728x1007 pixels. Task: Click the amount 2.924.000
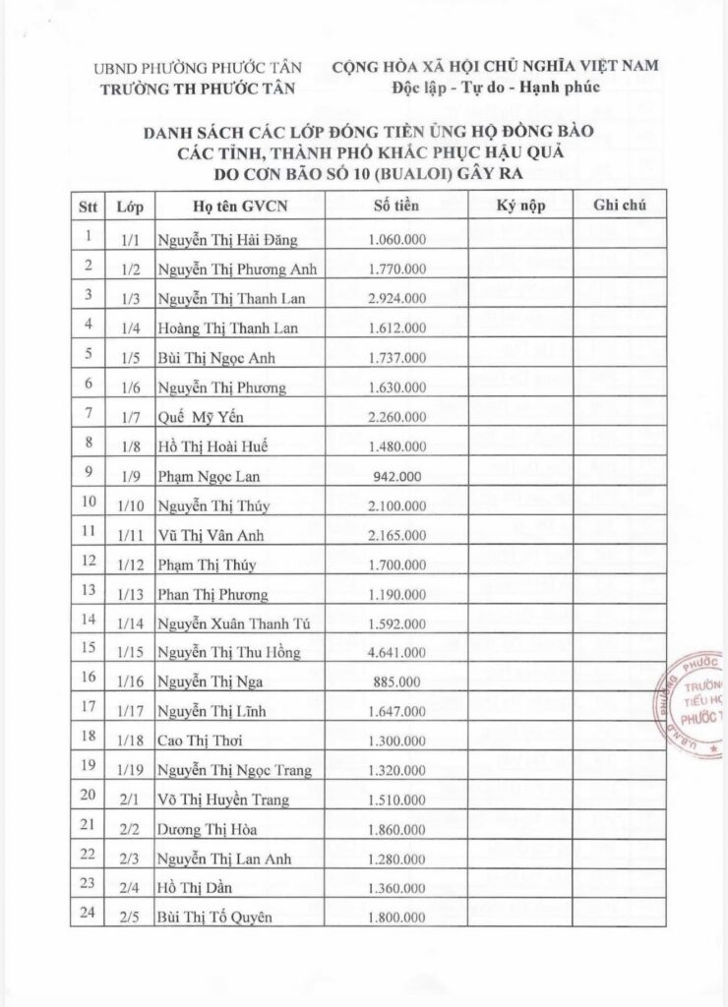pos(396,297)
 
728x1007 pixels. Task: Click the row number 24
pos(88,915)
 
